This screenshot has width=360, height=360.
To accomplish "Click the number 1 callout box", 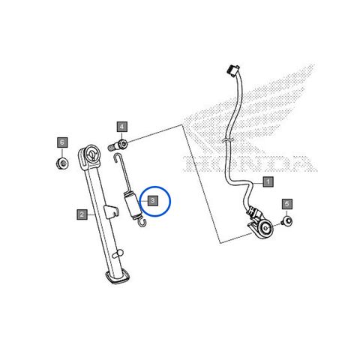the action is (x=268, y=181).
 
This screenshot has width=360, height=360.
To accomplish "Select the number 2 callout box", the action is (x=82, y=214).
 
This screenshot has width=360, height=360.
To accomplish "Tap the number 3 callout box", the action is (x=152, y=200).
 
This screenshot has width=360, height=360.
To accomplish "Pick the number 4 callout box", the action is (x=122, y=127).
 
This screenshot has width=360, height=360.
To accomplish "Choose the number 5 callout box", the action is (x=287, y=204).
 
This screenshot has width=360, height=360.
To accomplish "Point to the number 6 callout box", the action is (x=62, y=142).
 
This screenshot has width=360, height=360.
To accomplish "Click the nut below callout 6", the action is (x=62, y=163).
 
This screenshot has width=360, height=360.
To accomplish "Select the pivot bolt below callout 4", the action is (x=118, y=145).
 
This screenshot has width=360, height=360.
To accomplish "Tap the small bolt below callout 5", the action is (x=286, y=221).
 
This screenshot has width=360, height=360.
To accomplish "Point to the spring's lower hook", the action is (x=142, y=223).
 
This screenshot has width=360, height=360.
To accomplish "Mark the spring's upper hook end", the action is (x=116, y=158).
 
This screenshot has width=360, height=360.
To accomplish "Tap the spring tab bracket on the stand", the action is (x=111, y=211).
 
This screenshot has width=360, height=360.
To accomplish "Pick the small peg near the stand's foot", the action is (x=118, y=253).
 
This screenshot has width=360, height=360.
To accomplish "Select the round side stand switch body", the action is (x=265, y=228).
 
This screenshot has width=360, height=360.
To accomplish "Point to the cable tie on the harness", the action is (x=228, y=140).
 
